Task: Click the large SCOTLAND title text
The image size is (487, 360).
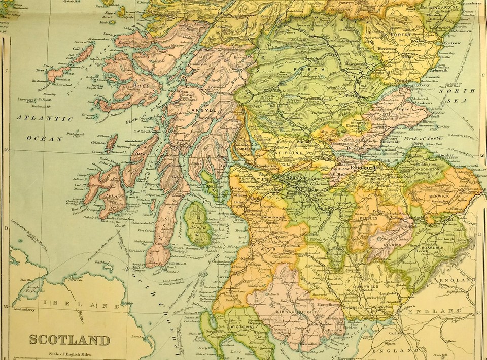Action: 69,339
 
